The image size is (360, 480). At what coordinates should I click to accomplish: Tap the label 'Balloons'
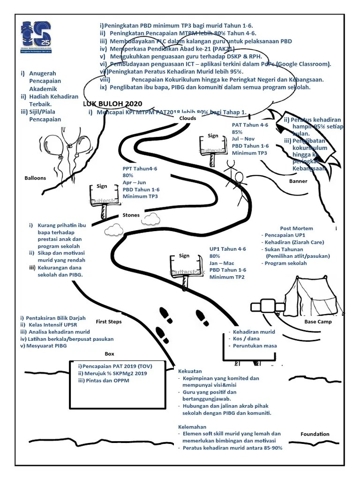[36, 178]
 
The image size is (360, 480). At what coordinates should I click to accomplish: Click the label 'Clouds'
[187, 118]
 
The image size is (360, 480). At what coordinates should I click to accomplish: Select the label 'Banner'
[298, 181]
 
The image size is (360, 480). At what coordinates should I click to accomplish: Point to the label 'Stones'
[131, 215]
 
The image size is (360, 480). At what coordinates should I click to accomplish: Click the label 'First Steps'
[108, 322]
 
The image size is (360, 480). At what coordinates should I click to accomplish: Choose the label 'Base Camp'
[318, 322]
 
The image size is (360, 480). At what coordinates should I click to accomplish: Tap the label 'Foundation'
[315, 434]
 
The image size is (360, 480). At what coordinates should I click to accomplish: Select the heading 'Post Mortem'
[296, 228]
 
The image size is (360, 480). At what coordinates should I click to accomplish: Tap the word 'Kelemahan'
[192, 427]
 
